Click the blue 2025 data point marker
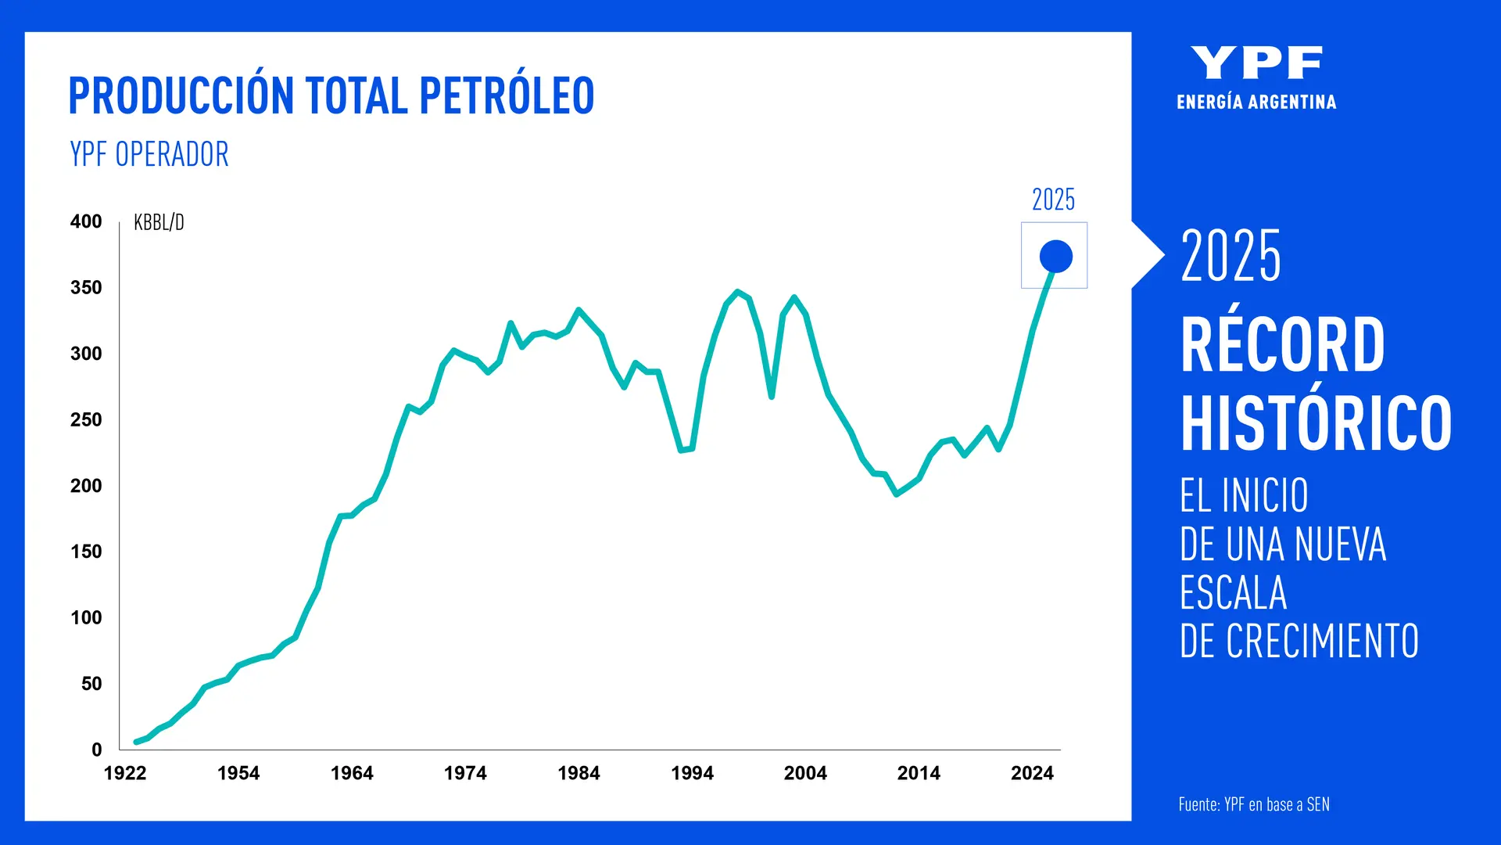(x=1055, y=256)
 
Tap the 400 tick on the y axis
(x=86, y=221)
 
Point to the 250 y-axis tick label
(x=86, y=420)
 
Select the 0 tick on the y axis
(x=96, y=750)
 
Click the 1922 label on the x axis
(x=125, y=773)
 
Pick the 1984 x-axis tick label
(x=579, y=773)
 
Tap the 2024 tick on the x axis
(x=1032, y=773)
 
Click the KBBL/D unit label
(x=159, y=223)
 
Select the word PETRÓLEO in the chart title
(x=507, y=96)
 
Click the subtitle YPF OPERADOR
(x=149, y=154)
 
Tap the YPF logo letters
(x=1256, y=63)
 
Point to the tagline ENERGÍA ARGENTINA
(x=1256, y=102)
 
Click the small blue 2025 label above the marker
(x=1053, y=200)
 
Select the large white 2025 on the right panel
(x=1231, y=256)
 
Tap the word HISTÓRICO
(x=1316, y=423)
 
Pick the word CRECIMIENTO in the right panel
(x=1321, y=642)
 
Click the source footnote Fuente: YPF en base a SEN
(x=1254, y=804)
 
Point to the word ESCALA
(x=1233, y=593)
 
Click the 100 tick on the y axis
(x=86, y=618)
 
